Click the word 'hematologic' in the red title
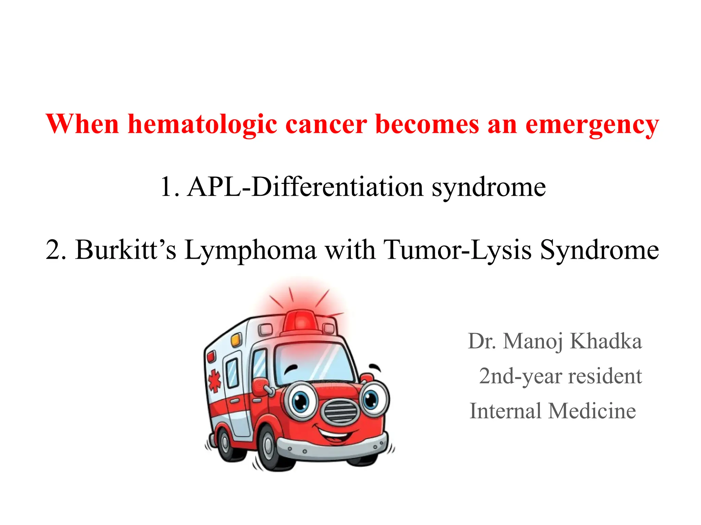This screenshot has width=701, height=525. tap(202, 125)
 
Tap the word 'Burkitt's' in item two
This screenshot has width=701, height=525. tap(126, 250)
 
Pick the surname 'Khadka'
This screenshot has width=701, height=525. tap(606, 341)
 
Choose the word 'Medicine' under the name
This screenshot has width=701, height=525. tap(592, 410)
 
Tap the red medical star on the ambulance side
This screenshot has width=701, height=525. tap(215, 380)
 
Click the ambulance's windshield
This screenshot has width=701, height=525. tap(313, 362)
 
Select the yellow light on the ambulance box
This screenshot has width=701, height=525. tap(236, 340)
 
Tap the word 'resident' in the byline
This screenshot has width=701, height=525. tap(605, 376)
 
